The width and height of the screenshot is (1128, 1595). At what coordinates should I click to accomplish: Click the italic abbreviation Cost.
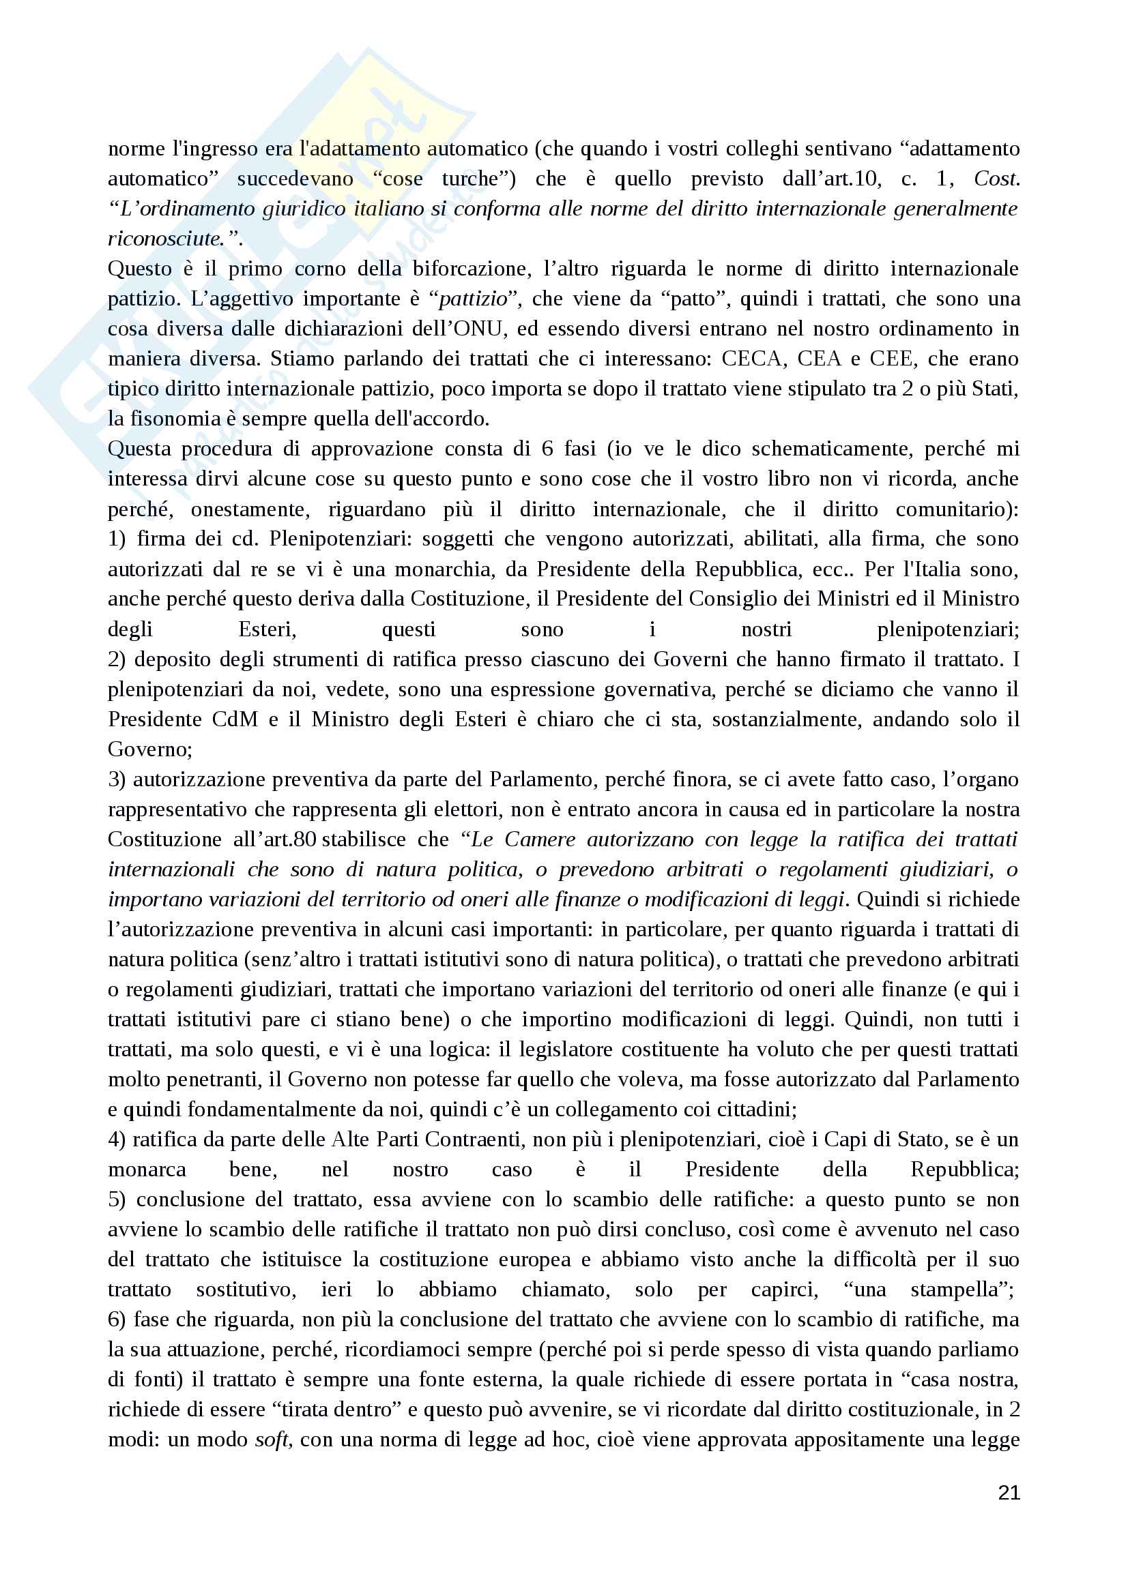pos(997,179)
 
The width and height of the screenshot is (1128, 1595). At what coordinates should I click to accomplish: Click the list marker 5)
pos(118,1199)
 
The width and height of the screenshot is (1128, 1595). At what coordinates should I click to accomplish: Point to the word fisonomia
pos(164,419)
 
